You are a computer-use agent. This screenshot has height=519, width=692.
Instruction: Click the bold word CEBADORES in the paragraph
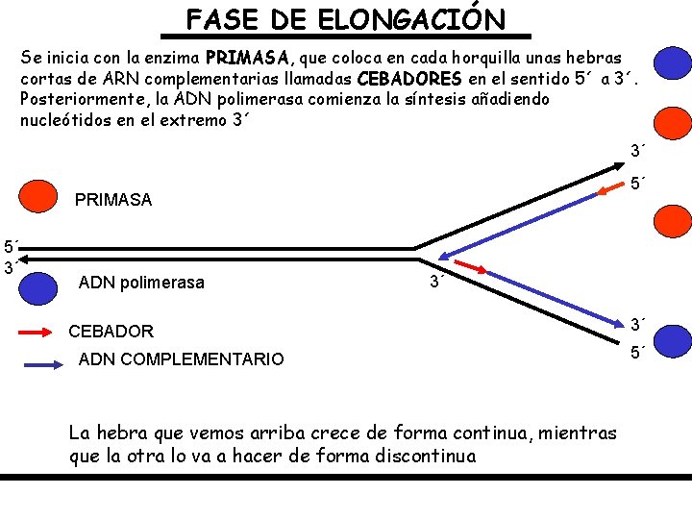click(409, 78)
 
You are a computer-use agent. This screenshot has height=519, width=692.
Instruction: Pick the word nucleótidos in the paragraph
click(67, 120)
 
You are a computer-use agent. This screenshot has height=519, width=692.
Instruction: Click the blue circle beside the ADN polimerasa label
click(37, 287)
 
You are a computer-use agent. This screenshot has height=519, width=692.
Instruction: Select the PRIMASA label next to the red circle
click(113, 200)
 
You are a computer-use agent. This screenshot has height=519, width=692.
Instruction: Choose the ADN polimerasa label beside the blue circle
click(141, 283)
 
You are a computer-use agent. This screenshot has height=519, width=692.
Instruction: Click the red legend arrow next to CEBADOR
click(41, 333)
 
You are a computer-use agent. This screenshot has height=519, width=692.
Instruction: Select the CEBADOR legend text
click(111, 332)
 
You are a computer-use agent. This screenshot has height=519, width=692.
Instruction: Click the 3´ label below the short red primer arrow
click(436, 283)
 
